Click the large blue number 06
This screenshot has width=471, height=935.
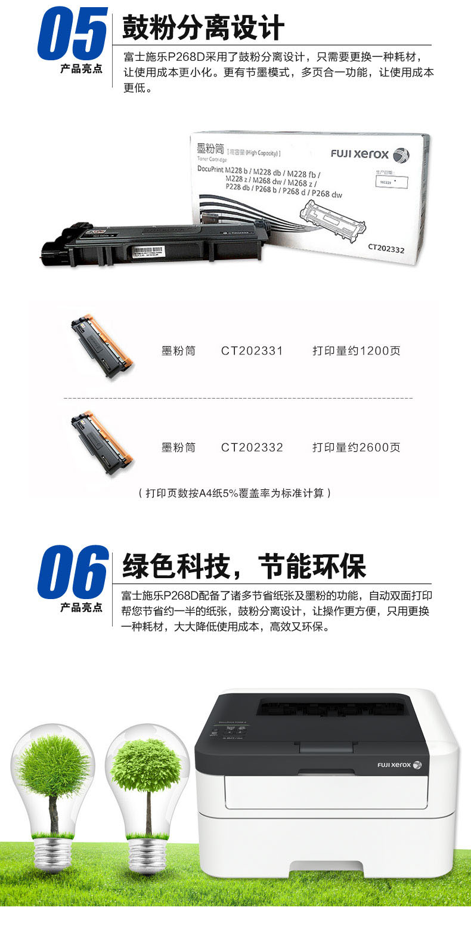click(72, 573)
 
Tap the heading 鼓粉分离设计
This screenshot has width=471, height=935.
click(203, 27)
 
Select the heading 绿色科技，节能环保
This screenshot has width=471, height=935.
click(244, 565)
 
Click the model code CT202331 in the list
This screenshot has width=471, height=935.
click(252, 351)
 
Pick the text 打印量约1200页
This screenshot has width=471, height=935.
click(356, 351)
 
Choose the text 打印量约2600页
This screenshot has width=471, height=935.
click(356, 447)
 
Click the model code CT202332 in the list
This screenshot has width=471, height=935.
click(252, 447)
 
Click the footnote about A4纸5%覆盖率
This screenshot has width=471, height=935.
click(234, 493)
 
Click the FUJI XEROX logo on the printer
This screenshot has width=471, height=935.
click(399, 764)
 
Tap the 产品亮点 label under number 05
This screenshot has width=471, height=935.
click(81, 70)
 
